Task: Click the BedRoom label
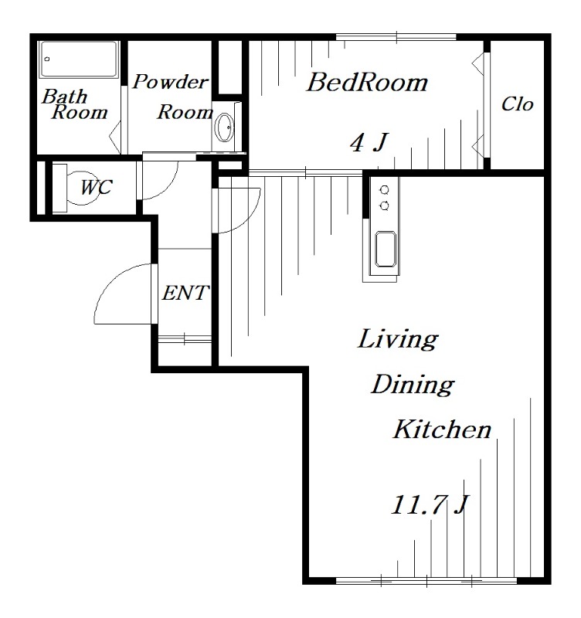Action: coord(367,83)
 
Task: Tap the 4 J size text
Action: coord(369,142)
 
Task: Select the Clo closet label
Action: coord(517,104)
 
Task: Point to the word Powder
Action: coord(170,82)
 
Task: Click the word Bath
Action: coord(64,97)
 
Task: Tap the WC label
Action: coord(97,187)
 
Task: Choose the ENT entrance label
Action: coord(185,293)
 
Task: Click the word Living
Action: coord(398,339)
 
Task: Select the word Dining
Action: coord(413,385)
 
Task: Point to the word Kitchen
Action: coord(442,430)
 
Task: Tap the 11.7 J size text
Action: coord(430,505)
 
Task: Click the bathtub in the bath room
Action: coord(79,59)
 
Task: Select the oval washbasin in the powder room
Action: coord(225,127)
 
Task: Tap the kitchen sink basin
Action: coord(385,249)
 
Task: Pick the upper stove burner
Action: coord(384,190)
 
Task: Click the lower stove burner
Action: coord(384,205)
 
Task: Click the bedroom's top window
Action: coord(396,37)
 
